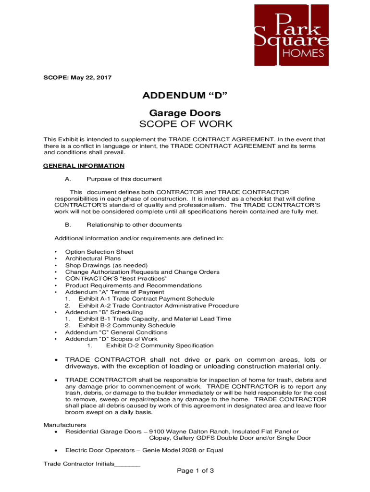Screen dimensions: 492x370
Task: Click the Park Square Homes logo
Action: point(292,35)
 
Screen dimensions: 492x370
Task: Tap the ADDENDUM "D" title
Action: point(185,96)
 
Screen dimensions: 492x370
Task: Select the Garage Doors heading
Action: point(185,113)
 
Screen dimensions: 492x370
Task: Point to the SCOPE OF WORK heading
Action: point(185,124)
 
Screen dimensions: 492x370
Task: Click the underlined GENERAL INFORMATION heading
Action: point(84,166)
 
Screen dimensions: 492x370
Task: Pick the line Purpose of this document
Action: point(124,179)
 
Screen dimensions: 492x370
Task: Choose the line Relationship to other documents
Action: point(134,225)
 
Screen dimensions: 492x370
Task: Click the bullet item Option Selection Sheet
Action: point(99,252)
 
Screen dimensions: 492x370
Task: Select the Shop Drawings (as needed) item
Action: point(106,265)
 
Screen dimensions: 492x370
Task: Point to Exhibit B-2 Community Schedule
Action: point(127,325)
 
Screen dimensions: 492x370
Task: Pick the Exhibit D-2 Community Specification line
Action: point(160,345)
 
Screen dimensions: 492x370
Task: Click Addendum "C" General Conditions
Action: point(116,332)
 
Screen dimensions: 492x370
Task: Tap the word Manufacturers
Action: point(65,425)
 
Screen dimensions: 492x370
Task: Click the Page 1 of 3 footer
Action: point(195,471)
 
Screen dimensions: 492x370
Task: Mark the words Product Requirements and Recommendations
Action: point(134,285)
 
